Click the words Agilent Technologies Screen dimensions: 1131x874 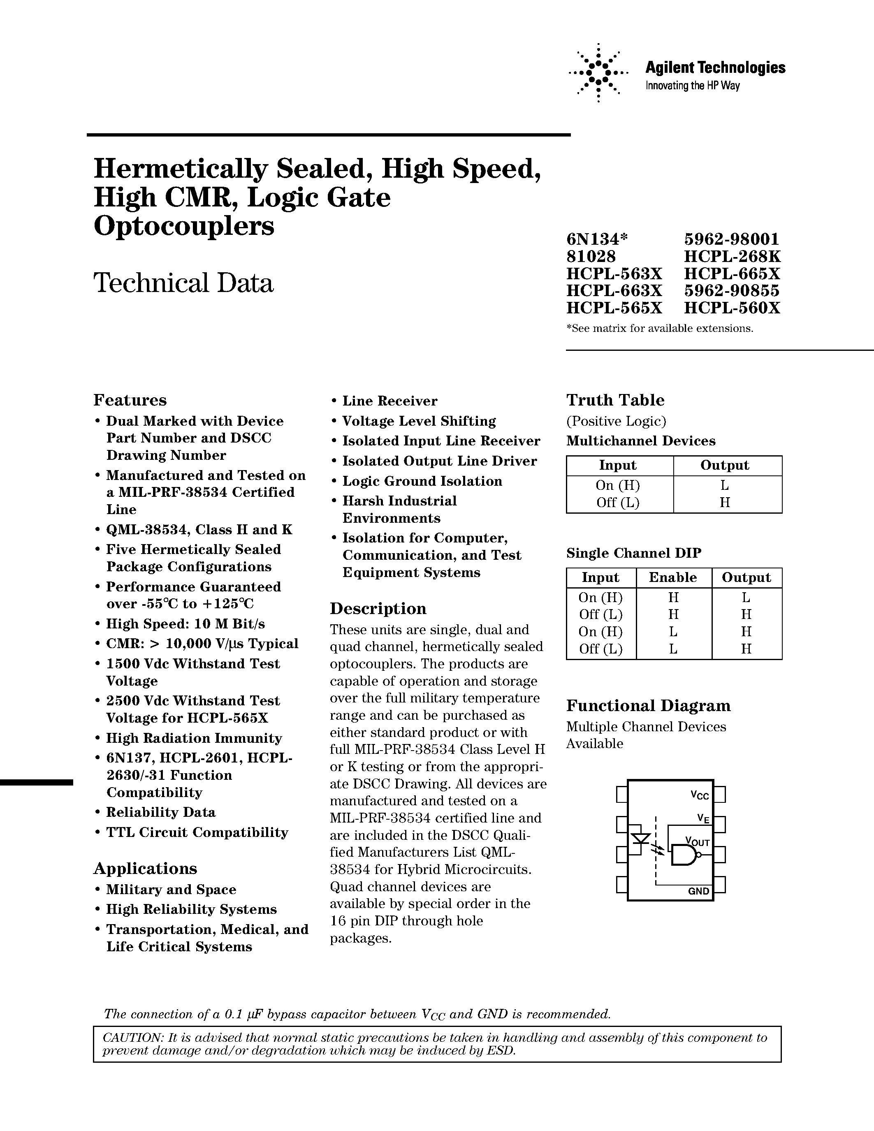pos(715,67)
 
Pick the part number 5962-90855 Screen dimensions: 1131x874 pos(732,290)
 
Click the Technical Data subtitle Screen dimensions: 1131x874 pos(183,283)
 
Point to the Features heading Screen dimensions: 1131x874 pos(130,400)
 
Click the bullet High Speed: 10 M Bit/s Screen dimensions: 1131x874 pos(185,624)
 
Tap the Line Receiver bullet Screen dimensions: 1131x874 pos(389,401)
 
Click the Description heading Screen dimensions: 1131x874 pos(378,609)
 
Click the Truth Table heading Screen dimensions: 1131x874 pos(615,400)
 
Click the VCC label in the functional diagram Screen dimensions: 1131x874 pos(700,795)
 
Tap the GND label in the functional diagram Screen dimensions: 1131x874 pos(698,891)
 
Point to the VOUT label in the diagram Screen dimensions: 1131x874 pos(697,841)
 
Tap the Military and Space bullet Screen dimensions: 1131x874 pos(171,890)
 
